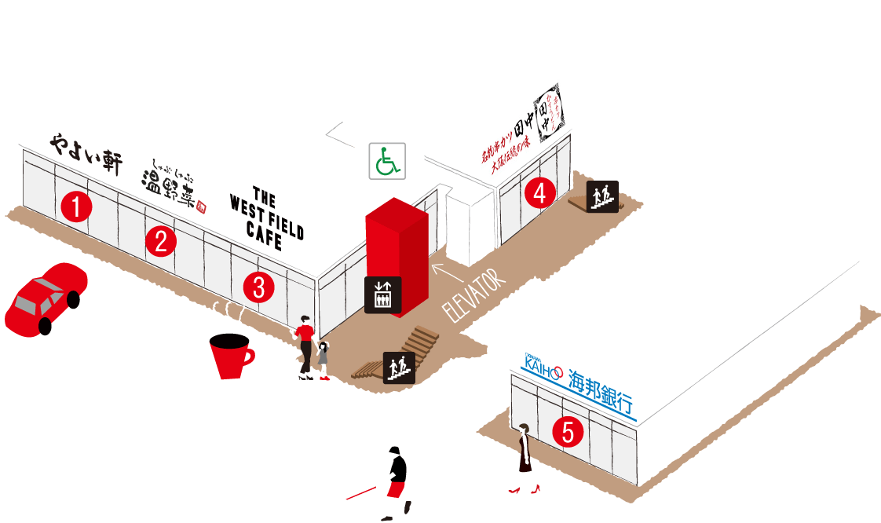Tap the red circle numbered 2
pos(161,242)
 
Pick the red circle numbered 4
pos(539,193)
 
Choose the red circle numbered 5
pos(568,431)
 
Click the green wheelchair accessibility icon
pos(387,161)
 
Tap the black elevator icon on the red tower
pos(383,294)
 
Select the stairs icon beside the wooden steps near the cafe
pos(398,367)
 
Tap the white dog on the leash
pos(347,505)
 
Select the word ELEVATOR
pos(470,296)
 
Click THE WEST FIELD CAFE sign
pos(267,218)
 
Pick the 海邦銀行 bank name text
pos(601,390)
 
